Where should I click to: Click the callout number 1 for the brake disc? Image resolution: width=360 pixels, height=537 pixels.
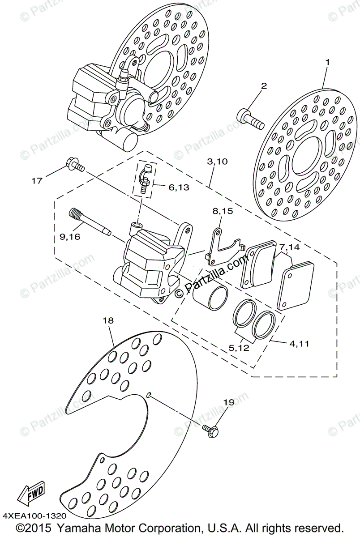coord(327,63)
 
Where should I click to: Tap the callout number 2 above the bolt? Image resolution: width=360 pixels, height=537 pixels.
coord(264,85)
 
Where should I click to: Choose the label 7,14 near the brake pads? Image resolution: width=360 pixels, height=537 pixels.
coord(289,247)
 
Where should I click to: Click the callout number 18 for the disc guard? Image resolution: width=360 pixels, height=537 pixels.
coord(108,320)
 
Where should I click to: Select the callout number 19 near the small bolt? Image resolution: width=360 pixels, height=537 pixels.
coord(229,403)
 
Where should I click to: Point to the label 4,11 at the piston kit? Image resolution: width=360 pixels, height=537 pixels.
coord(299,344)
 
